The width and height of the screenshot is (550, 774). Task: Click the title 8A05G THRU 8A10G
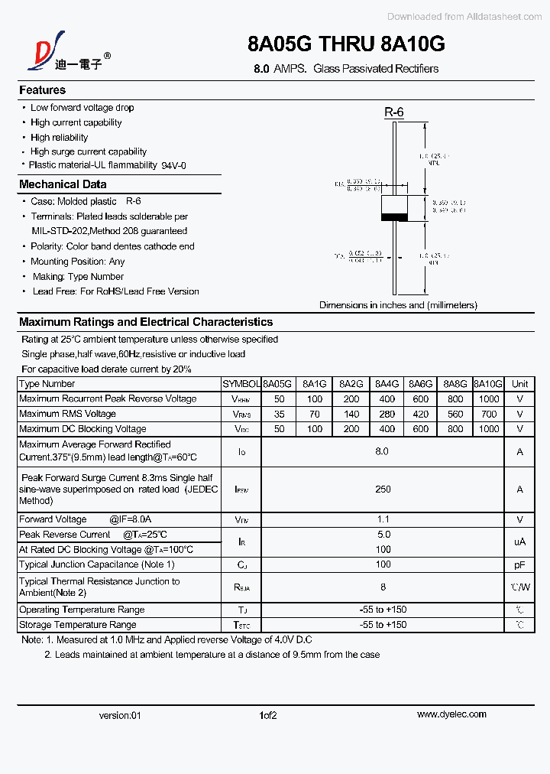(346, 44)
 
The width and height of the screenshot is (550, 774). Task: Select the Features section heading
(42, 90)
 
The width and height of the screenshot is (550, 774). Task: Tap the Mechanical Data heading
(63, 184)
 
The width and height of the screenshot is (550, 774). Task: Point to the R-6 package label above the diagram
(393, 112)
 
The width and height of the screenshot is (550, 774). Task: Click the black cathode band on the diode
(394, 217)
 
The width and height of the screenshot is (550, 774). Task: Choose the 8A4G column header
(387, 384)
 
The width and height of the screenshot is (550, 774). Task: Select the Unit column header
(519, 384)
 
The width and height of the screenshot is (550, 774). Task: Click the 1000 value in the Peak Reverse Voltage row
(488, 399)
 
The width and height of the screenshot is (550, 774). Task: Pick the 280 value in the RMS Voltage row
(387, 414)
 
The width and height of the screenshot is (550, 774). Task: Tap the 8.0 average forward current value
(382, 451)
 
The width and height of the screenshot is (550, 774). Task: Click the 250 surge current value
(383, 489)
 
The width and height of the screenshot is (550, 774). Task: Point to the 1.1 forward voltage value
(383, 519)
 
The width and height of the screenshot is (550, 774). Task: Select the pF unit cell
(519, 564)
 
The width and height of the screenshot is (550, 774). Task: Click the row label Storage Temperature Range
(78, 625)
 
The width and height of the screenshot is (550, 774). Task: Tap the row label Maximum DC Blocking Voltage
(82, 429)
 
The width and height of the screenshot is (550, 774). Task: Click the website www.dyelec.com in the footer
(451, 714)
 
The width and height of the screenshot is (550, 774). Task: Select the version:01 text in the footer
(120, 716)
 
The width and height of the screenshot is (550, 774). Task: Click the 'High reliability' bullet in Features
(59, 138)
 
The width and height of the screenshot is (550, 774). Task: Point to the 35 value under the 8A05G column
(279, 414)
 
